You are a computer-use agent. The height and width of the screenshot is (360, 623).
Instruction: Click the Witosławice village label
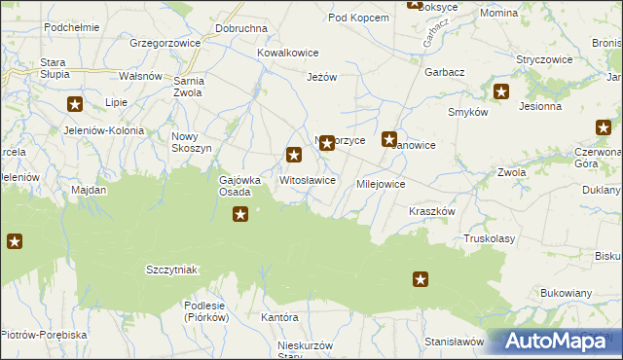[308, 181]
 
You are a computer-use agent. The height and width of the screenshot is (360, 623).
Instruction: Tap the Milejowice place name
[381, 183]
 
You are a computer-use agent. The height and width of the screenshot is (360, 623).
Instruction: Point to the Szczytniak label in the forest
[171, 270]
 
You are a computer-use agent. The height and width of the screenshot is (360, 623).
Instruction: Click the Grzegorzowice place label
[165, 44]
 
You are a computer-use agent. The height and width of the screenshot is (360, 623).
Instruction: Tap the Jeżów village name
[321, 77]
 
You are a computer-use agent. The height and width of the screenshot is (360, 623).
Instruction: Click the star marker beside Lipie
[75, 104]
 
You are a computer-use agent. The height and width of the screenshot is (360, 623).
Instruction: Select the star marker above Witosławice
[294, 155]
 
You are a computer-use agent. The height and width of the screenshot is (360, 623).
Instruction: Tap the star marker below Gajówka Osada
[240, 215]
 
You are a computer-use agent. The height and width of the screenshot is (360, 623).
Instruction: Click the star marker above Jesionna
[501, 92]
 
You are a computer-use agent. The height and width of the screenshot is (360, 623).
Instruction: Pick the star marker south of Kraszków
[421, 280]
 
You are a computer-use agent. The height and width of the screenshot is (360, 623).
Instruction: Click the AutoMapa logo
[555, 342]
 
